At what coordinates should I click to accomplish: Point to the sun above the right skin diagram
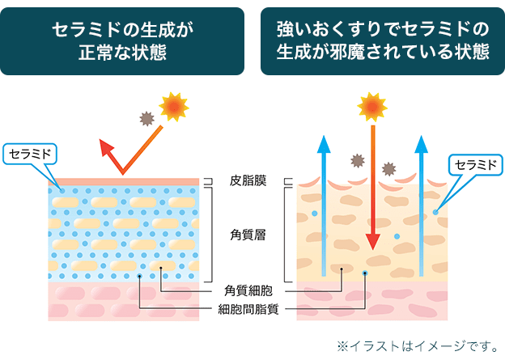(372, 106)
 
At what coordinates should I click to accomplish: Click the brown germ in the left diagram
(146, 118)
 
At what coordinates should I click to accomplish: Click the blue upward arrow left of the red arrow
(325, 202)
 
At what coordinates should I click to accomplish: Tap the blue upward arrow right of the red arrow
(422, 202)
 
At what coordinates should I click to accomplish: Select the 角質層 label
(248, 235)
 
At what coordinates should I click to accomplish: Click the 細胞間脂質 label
(249, 308)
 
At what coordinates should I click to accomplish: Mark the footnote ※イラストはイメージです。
(418, 346)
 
